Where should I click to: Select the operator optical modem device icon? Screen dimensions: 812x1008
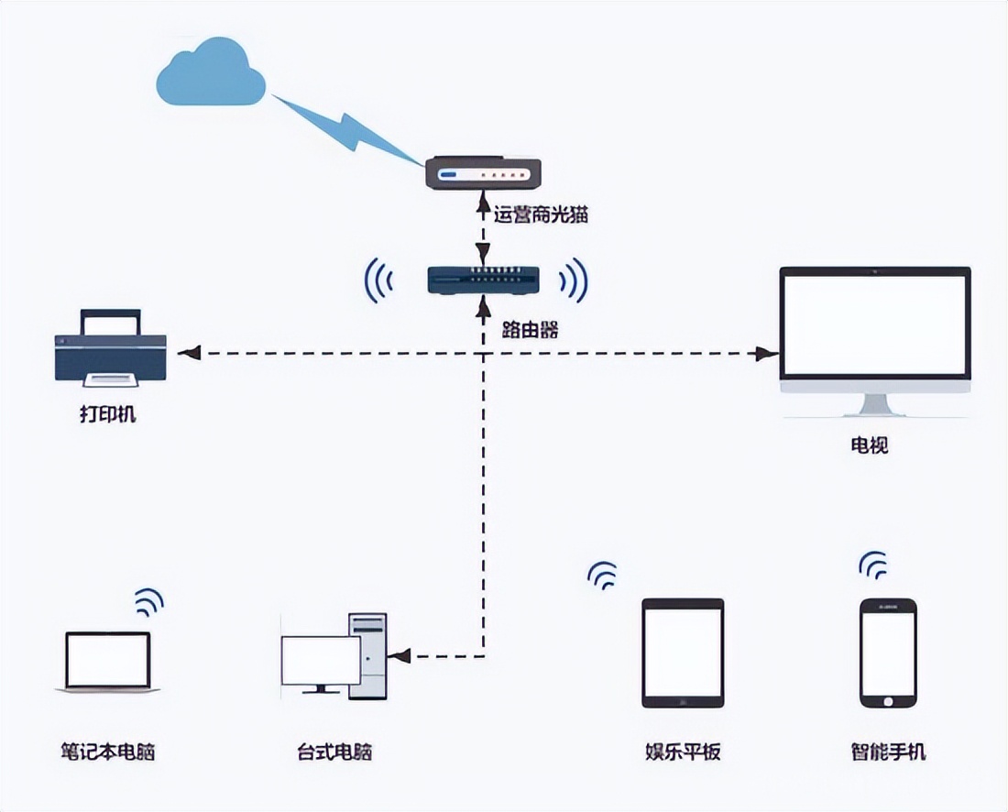tap(484, 173)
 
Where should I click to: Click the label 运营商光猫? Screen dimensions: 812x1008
tap(541, 216)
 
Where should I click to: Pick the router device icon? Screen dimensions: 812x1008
tap(483, 280)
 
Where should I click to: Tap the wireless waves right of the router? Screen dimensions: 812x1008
tap(575, 280)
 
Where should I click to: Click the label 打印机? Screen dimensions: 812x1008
tap(107, 413)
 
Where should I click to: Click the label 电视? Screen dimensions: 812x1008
tap(869, 446)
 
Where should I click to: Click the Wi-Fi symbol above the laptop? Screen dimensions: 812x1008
tap(148, 602)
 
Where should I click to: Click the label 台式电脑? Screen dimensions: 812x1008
tap(334, 752)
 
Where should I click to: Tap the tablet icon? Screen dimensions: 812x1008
tap(683, 653)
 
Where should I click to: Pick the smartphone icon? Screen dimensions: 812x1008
tap(888, 653)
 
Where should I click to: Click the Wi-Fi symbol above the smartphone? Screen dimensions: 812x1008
tap(873, 565)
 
